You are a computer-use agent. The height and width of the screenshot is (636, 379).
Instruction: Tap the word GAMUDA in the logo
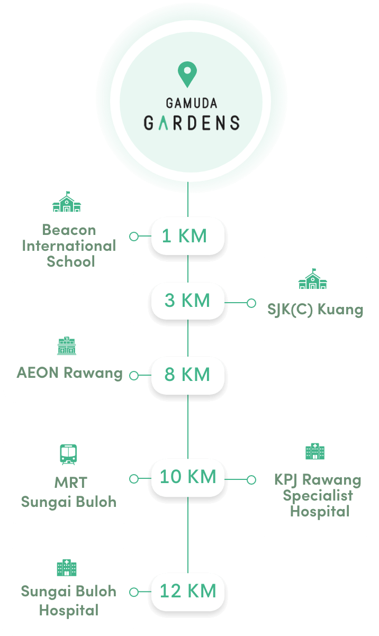click(192, 103)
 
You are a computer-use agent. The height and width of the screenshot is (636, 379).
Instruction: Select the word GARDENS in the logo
click(192, 123)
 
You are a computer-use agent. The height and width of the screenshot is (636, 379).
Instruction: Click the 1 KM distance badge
click(188, 236)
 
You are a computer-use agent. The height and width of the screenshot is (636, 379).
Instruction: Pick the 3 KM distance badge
click(188, 301)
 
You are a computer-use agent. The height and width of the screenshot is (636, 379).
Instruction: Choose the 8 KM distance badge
click(188, 375)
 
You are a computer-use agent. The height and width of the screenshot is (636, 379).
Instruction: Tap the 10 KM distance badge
click(188, 477)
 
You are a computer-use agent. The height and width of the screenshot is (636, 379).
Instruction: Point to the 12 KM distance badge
click(188, 592)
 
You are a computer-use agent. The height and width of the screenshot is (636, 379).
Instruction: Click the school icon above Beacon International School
click(67, 202)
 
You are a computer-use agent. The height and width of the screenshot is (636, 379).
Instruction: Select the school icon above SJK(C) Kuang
click(312, 279)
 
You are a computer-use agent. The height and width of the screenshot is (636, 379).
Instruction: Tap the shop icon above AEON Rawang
click(67, 346)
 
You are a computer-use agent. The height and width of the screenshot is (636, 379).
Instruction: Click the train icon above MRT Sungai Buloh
click(68, 455)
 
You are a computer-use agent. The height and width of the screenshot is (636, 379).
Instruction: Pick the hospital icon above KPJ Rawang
click(315, 451)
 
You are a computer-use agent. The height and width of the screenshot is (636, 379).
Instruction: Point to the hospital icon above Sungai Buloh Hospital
click(67, 568)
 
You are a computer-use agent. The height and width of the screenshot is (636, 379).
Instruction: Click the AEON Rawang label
click(69, 373)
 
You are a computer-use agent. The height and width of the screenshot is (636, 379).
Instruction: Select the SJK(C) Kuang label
click(315, 310)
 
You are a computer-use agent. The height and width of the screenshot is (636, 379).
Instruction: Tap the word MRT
click(71, 483)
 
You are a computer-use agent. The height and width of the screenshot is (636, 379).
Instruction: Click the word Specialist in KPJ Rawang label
click(318, 496)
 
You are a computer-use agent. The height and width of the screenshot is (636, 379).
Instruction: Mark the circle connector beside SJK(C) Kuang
click(251, 303)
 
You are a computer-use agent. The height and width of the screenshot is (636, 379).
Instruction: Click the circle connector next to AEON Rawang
click(134, 376)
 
